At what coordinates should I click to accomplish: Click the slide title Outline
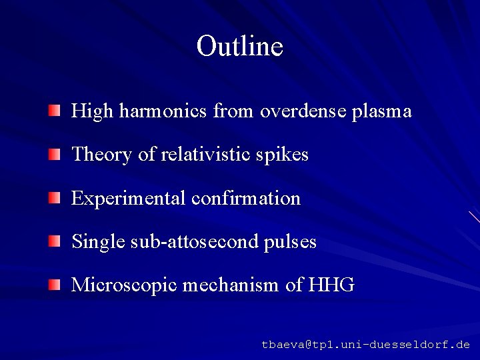click(240, 46)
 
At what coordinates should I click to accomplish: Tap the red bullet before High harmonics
click(53, 109)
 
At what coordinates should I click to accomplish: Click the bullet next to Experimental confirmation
click(53, 197)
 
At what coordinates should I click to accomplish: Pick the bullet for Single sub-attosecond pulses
click(53, 241)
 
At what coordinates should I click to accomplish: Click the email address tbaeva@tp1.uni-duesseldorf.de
click(365, 345)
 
